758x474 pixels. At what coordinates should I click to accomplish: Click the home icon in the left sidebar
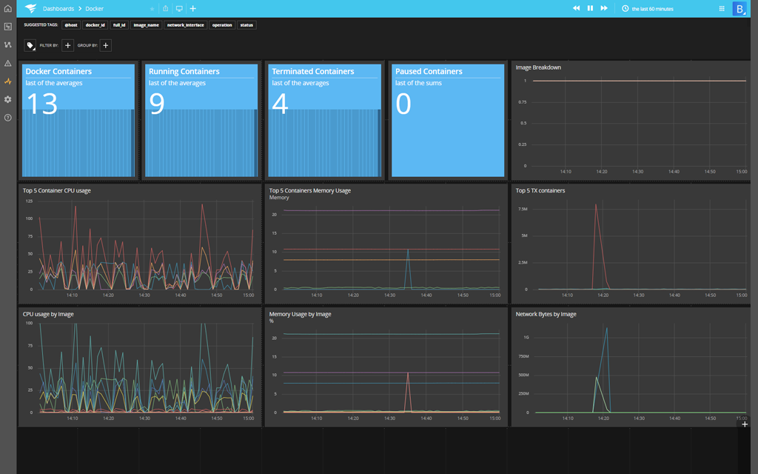pyautogui.click(x=8, y=9)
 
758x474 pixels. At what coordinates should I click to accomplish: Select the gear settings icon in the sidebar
pyautogui.click(x=8, y=99)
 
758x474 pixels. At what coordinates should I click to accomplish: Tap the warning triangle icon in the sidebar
pyautogui.click(x=8, y=63)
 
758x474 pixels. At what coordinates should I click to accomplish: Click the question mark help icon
pyautogui.click(x=8, y=118)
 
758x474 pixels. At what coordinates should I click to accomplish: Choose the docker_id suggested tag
pyautogui.click(x=95, y=25)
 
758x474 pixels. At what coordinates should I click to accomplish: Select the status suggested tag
pyautogui.click(x=246, y=25)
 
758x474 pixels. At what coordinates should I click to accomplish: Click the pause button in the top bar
pyautogui.click(x=590, y=8)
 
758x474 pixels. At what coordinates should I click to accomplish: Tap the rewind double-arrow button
pyautogui.click(x=576, y=8)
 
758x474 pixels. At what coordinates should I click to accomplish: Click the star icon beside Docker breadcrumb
pyautogui.click(x=152, y=9)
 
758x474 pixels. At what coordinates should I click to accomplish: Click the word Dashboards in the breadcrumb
pyautogui.click(x=58, y=9)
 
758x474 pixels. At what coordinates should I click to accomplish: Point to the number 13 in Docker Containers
pyautogui.click(x=41, y=104)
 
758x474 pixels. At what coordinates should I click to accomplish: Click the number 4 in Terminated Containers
pyautogui.click(x=280, y=104)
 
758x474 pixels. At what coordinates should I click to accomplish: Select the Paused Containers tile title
pyautogui.click(x=429, y=72)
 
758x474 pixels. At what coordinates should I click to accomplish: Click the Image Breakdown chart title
pyautogui.click(x=538, y=67)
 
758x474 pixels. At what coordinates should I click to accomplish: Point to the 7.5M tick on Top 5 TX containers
pyautogui.click(x=522, y=209)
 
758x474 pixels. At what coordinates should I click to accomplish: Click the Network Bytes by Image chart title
pyautogui.click(x=546, y=314)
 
